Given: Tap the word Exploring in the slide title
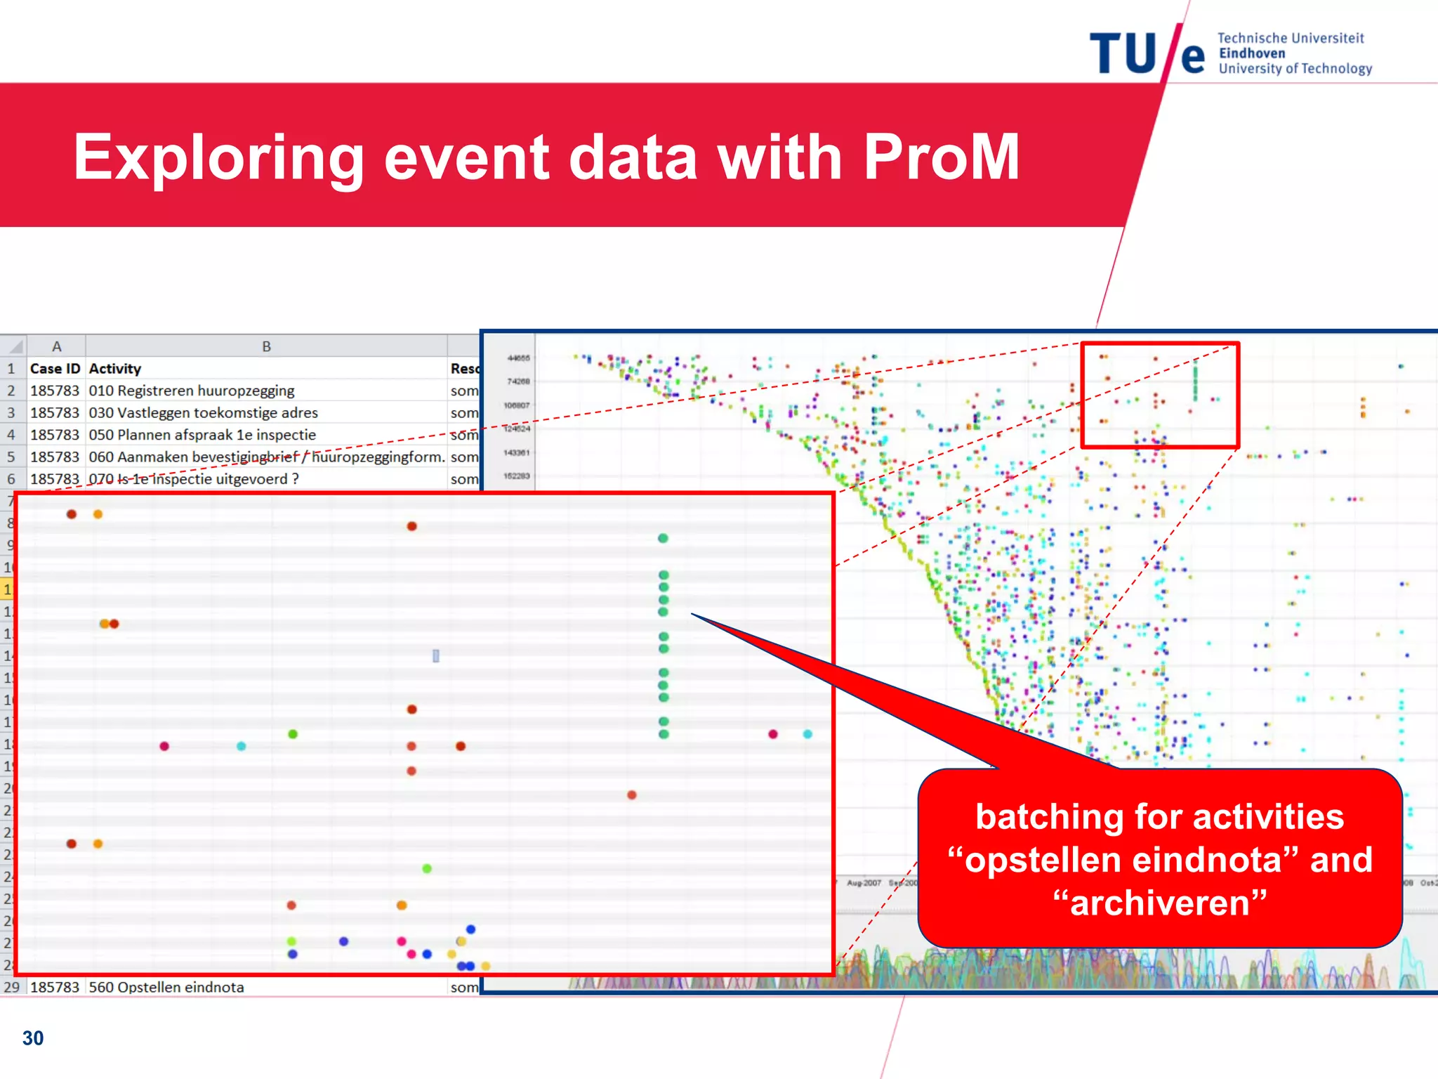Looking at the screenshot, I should point(218,159).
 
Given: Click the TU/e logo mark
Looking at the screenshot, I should point(1147,53).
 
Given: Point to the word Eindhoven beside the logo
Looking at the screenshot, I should point(1252,53).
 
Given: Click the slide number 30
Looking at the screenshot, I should point(33,1038).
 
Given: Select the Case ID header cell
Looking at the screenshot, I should point(55,369).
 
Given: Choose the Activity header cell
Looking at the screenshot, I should point(115,369).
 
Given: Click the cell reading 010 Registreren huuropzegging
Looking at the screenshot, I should point(192,391).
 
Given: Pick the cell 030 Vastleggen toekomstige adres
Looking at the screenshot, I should point(204,412).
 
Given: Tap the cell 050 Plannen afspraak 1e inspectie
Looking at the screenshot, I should point(202,435).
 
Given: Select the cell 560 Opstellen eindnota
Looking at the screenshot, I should point(166,987).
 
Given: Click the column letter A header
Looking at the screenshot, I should point(57,346).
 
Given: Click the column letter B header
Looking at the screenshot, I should point(266,346).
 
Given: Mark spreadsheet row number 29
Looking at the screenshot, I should point(11,987).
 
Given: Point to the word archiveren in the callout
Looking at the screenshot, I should point(1160,903).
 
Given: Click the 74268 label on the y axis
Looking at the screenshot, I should point(518,381).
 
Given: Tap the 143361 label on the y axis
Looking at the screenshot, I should point(517,452).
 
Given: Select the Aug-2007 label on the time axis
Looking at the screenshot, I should point(864,883).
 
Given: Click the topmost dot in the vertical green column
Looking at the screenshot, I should point(663,539).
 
